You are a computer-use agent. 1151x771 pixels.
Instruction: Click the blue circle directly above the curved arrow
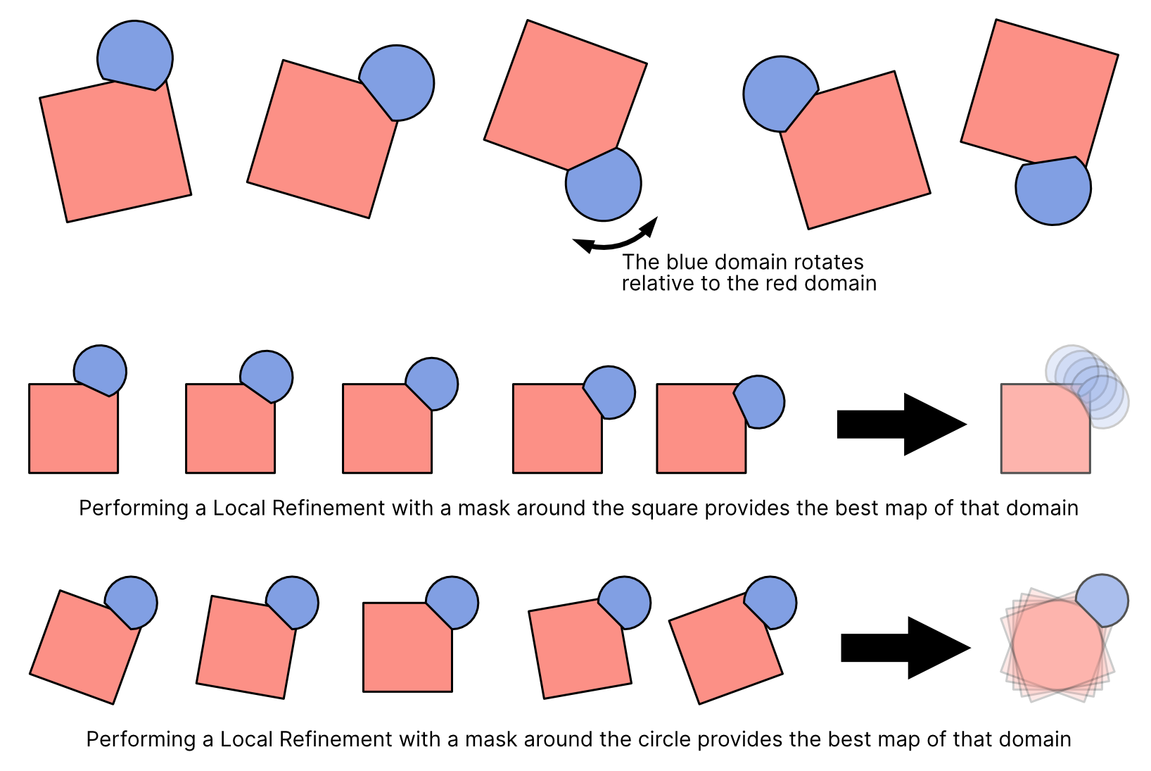tap(604, 184)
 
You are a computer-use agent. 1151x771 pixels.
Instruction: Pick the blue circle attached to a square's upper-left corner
tap(780, 94)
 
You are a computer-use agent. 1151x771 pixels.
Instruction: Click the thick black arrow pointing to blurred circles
tap(901, 425)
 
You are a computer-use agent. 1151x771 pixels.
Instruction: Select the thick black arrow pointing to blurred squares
tap(905, 648)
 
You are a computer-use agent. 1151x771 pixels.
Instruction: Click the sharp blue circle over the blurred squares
tap(1102, 600)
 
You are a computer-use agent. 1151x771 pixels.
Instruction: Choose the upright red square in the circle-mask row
tap(405, 651)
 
